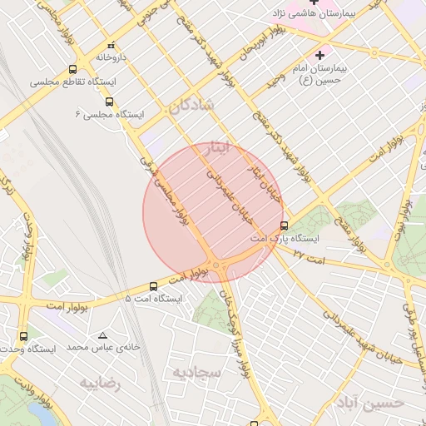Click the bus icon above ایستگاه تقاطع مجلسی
[73, 70]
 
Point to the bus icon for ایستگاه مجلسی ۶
[109, 101]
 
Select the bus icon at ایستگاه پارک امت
[285, 225]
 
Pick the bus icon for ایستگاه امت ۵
[151, 285]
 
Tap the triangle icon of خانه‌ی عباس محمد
[102, 334]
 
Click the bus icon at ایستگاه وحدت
[22, 336]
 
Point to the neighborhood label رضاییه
[100, 384]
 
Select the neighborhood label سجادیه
[196, 372]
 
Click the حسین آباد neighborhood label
[370, 404]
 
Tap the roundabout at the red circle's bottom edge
[216, 265]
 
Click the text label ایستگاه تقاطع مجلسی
[73, 83]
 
